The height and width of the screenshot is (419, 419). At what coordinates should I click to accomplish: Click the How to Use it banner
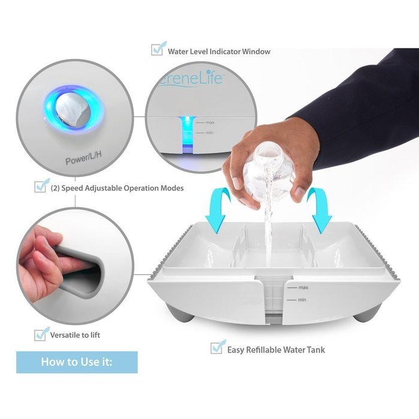(77, 362)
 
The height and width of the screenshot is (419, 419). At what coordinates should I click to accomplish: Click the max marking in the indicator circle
(209, 122)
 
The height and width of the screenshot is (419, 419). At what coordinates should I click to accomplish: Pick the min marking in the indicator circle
(209, 132)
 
